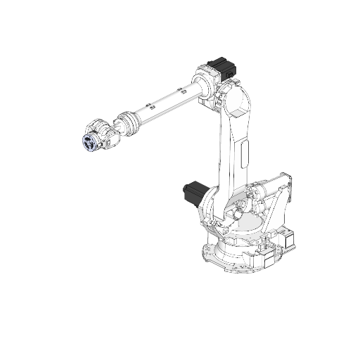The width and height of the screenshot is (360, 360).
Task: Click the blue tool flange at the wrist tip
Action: click(x=89, y=142)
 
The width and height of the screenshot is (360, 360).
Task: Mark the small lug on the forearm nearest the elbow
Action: click(x=182, y=89)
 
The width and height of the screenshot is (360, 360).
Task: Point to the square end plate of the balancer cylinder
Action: click(x=285, y=179)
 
